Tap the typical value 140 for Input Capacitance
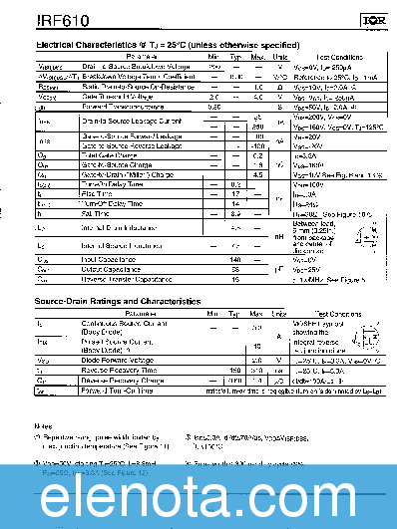pos(235,259)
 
